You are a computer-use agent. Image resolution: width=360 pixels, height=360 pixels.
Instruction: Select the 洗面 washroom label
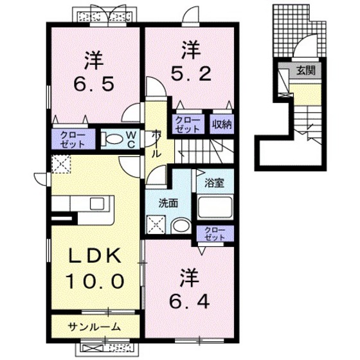click(169, 204)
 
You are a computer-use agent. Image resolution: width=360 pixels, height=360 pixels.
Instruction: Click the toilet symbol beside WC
click(114, 139)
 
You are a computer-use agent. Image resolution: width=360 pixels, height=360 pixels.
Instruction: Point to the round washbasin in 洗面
click(182, 224)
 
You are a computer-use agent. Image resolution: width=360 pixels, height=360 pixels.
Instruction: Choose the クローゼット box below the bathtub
click(212, 233)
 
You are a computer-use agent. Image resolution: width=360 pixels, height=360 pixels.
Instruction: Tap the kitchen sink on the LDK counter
click(98, 204)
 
